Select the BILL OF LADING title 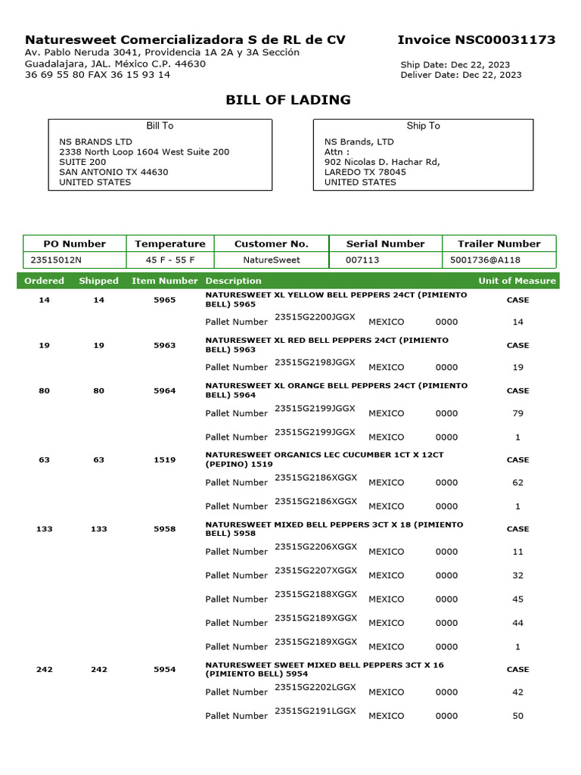pos(288,100)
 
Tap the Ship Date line pos(455,65)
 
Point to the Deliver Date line pos(461,75)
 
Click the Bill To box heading pos(160,126)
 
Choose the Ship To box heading pos(423,126)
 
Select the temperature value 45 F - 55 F pos(169,260)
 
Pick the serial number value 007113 pos(362,260)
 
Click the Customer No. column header pos(272,244)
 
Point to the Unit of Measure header pos(517,281)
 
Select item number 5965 pos(164,300)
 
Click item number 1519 pos(164,459)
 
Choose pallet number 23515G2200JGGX pos(315,318)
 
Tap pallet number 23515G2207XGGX pos(315,571)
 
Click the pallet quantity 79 pos(518,413)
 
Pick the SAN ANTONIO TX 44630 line pos(113,172)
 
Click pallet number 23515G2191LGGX pos(315,711)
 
